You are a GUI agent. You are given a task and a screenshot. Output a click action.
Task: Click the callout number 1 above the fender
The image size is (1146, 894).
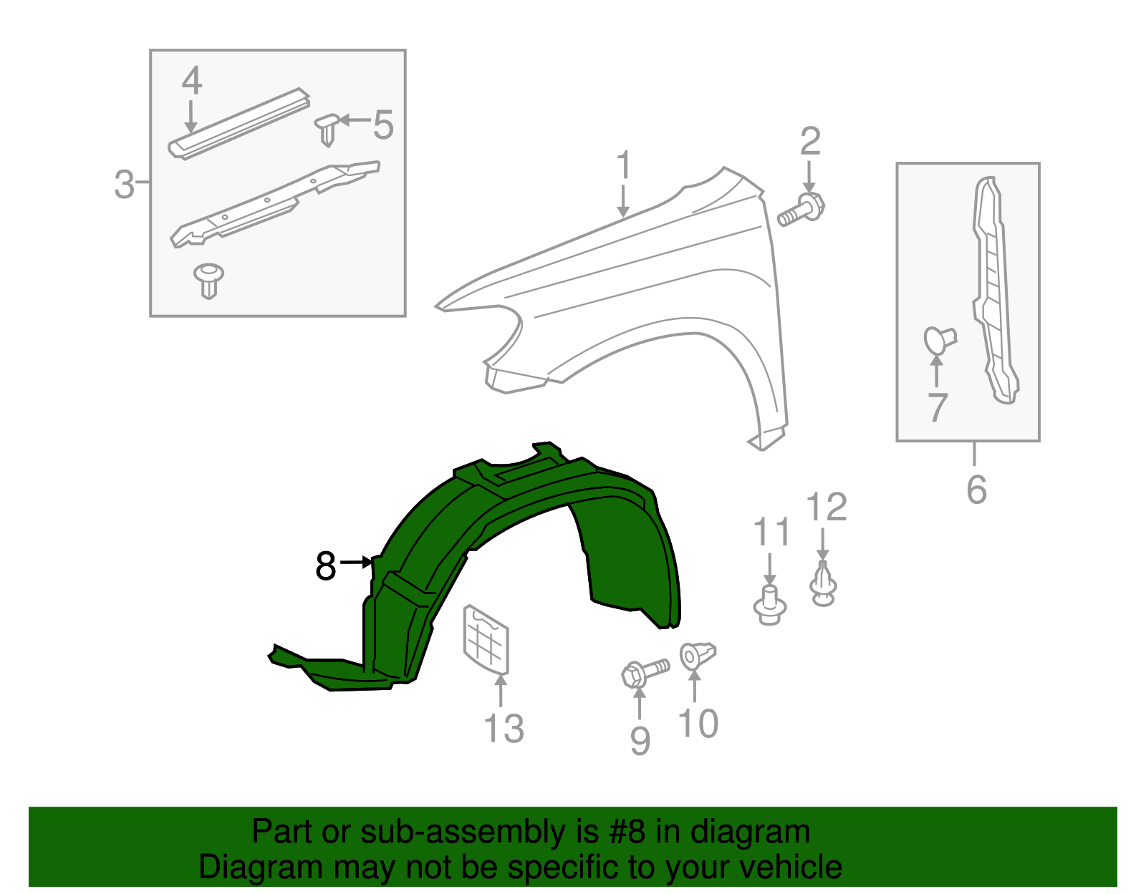point(624,166)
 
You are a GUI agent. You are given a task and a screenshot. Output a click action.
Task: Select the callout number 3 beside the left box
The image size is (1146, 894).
point(124,185)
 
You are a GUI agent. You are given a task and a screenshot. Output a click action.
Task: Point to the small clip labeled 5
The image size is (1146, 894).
point(327,129)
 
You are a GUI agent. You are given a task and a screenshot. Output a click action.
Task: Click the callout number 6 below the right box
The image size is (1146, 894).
point(976,490)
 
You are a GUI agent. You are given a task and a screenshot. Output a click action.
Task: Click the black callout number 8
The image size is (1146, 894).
point(326,566)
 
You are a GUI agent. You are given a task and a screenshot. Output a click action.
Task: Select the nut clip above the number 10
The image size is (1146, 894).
point(696,656)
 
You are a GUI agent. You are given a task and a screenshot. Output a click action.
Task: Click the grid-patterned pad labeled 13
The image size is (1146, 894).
point(486,640)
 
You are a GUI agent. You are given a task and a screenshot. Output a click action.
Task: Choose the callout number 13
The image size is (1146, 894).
point(504,729)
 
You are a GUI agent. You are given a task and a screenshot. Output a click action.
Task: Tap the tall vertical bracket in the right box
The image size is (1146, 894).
point(995,293)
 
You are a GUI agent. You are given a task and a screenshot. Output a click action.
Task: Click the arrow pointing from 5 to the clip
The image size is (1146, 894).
point(355,120)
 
